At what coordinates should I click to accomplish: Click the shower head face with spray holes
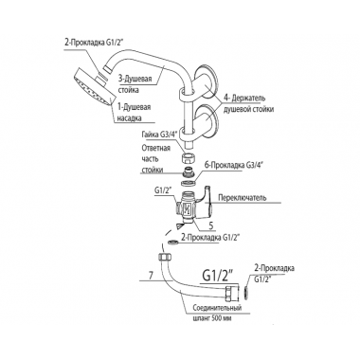point(92,90)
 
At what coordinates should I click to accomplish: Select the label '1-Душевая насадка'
point(134,113)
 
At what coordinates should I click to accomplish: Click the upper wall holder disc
point(206,83)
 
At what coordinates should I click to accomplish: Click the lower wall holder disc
point(207,121)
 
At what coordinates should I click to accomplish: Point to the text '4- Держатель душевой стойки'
point(248,103)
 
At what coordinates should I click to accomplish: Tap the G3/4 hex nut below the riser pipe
point(189,157)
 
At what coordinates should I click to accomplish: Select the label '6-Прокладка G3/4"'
point(236,165)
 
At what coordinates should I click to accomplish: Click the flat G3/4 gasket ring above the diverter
point(189,183)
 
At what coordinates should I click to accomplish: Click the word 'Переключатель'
point(243,198)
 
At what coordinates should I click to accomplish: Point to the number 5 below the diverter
point(212,226)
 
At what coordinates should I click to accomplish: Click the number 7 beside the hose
point(151,276)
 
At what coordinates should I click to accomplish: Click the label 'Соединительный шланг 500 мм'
point(218,313)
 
